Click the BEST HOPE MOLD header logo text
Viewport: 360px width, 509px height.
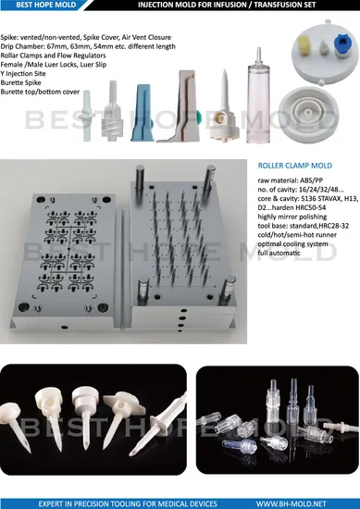click(x=45, y=5)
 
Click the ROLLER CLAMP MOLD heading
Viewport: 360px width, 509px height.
click(x=294, y=166)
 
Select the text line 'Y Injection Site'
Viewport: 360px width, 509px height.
click(x=23, y=74)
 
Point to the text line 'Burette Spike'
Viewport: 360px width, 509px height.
click(x=20, y=82)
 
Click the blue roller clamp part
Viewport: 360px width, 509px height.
click(x=142, y=112)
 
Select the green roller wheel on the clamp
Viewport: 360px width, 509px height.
click(x=197, y=117)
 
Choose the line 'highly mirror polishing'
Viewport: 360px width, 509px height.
click(x=292, y=217)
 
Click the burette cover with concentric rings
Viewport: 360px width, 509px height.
click(x=309, y=114)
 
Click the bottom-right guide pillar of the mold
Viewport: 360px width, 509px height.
click(x=227, y=290)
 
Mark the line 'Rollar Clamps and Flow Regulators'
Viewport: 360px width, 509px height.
click(x=53, y=56)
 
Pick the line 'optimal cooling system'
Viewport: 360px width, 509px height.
click(x=292, y=243)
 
